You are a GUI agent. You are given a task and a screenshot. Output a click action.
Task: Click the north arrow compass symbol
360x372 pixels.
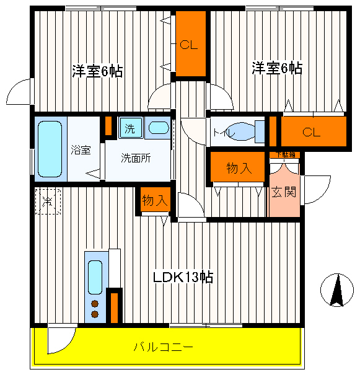tap(336, 290)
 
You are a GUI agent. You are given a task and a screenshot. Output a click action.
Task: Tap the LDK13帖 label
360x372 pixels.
tap(183, 277)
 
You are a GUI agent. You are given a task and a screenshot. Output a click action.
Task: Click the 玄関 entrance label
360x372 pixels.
tap(284, 192)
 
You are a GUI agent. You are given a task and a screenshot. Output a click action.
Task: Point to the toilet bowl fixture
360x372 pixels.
tap(245, 131)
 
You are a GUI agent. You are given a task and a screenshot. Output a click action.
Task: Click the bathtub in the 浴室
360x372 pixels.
tap(50, 148)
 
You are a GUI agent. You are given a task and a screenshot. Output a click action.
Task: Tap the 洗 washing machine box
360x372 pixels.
tap(130, 128)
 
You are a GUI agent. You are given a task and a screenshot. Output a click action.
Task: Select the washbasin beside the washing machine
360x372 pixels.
tap(159, 128)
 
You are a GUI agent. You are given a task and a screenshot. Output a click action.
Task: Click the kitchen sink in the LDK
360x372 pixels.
tap(95, 277)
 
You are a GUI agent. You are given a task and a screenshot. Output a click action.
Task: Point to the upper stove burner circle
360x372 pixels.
tap(95, 304)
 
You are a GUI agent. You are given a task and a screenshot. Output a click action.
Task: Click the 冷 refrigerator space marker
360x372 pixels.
tap(48, 201)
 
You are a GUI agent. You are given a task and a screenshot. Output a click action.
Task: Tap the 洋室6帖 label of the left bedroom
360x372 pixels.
tap(97, 71)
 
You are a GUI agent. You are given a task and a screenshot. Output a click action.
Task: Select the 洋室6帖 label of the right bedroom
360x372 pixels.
tap(277, 68)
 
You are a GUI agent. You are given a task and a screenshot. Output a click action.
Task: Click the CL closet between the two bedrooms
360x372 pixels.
tap(189, 45)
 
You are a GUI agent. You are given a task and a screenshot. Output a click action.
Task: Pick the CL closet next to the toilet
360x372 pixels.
tap(312, 131)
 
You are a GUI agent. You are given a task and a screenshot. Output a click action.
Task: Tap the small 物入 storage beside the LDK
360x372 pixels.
tap(154, 200)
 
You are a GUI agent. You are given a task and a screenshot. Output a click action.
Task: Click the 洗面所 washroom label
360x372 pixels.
tap(136, 157)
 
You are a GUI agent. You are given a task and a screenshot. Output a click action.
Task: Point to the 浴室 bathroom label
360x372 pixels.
tap(81, 149)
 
